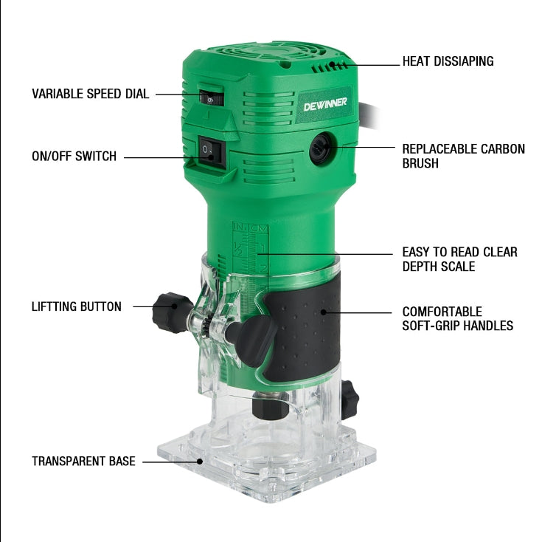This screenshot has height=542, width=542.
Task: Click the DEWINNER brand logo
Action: (x=325, y=104)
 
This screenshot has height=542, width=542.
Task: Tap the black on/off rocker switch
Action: (x=210, y=153)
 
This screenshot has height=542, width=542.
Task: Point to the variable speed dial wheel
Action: (x=212, y=97)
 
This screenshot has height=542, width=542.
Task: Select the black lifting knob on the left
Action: (x=170, y=312)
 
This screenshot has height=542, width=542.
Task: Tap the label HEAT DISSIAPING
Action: (x=448, y=61)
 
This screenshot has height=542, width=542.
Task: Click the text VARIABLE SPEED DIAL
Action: (x=90, y=94)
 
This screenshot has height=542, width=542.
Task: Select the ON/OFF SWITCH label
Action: (x=74, y=156)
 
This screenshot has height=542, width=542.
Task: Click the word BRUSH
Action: (x=420, y=163)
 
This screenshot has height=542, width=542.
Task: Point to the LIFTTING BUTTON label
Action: (x=77, y=306)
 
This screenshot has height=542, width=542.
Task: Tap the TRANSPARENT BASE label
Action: (x=83, y=461)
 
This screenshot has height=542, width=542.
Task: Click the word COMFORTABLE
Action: (x=442, y=312)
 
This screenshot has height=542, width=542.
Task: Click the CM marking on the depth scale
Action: (x=259, y=228)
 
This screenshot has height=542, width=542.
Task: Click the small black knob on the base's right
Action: (x=350, y=399)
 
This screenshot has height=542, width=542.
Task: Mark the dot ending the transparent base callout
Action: (x=200, y=462)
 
